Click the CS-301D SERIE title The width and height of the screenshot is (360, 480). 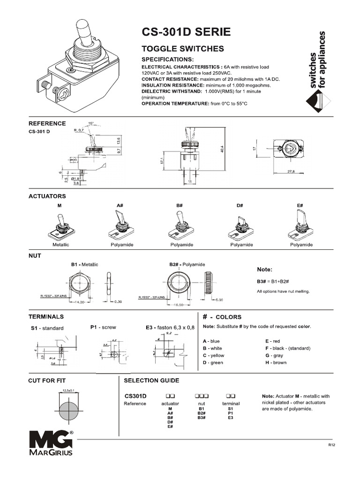(186, 32)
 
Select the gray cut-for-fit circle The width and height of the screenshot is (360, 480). (69, 411)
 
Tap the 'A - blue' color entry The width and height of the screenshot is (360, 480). (211, 341)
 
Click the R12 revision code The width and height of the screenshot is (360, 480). (331, 444)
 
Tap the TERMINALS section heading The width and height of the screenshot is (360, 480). (47, 317)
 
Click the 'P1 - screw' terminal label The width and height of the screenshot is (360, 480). (103, 327)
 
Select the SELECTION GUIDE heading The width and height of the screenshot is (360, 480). (151, 380)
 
